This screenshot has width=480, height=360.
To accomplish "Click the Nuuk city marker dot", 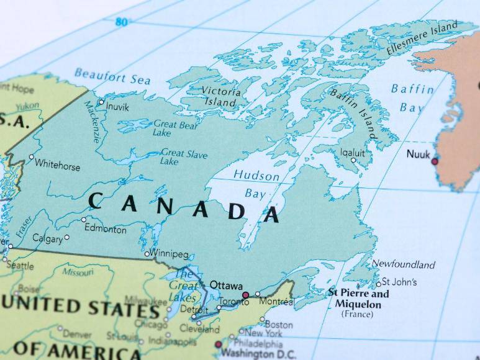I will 435,161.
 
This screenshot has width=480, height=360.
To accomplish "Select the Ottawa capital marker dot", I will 245,295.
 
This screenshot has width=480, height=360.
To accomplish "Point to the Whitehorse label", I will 57,165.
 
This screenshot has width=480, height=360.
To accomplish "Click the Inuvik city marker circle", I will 101,102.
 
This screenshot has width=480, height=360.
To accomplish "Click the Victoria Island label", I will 220,96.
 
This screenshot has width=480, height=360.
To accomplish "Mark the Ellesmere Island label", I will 422,38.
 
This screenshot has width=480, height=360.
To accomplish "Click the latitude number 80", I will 121,22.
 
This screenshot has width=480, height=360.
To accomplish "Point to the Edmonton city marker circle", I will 84,220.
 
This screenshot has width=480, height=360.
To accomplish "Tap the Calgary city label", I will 47,239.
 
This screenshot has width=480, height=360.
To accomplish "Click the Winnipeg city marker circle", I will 147,254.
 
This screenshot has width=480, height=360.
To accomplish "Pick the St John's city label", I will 399,282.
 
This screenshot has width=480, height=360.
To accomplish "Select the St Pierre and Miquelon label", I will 358,299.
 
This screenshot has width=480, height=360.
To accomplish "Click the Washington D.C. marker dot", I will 218,344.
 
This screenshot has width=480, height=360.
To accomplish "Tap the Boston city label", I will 279,325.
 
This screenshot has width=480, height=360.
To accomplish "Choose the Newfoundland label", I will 403,264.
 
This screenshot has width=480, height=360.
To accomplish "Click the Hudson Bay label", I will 256,184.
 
